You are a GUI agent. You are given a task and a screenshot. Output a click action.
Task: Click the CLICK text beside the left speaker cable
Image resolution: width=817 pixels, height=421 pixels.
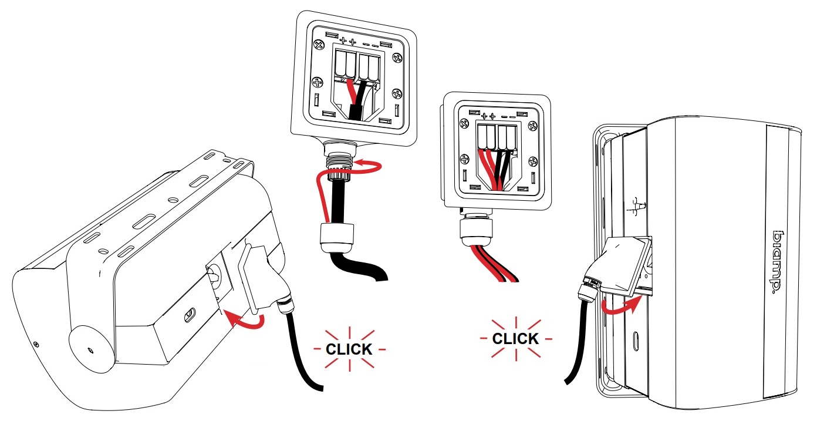(349, 349)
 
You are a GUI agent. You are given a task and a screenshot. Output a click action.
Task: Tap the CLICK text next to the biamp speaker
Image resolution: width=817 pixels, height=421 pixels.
(515, 339)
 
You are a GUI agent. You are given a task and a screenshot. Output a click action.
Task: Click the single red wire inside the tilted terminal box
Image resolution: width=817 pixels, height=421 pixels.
(352, 91)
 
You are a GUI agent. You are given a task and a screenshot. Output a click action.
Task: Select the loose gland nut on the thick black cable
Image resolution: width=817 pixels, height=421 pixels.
(337, 238)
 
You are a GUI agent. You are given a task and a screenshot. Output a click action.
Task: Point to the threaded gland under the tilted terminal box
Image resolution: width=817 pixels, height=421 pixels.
(339, 160)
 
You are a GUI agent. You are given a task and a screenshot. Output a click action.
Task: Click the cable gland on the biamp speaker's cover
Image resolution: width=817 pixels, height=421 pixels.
(588, 289)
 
